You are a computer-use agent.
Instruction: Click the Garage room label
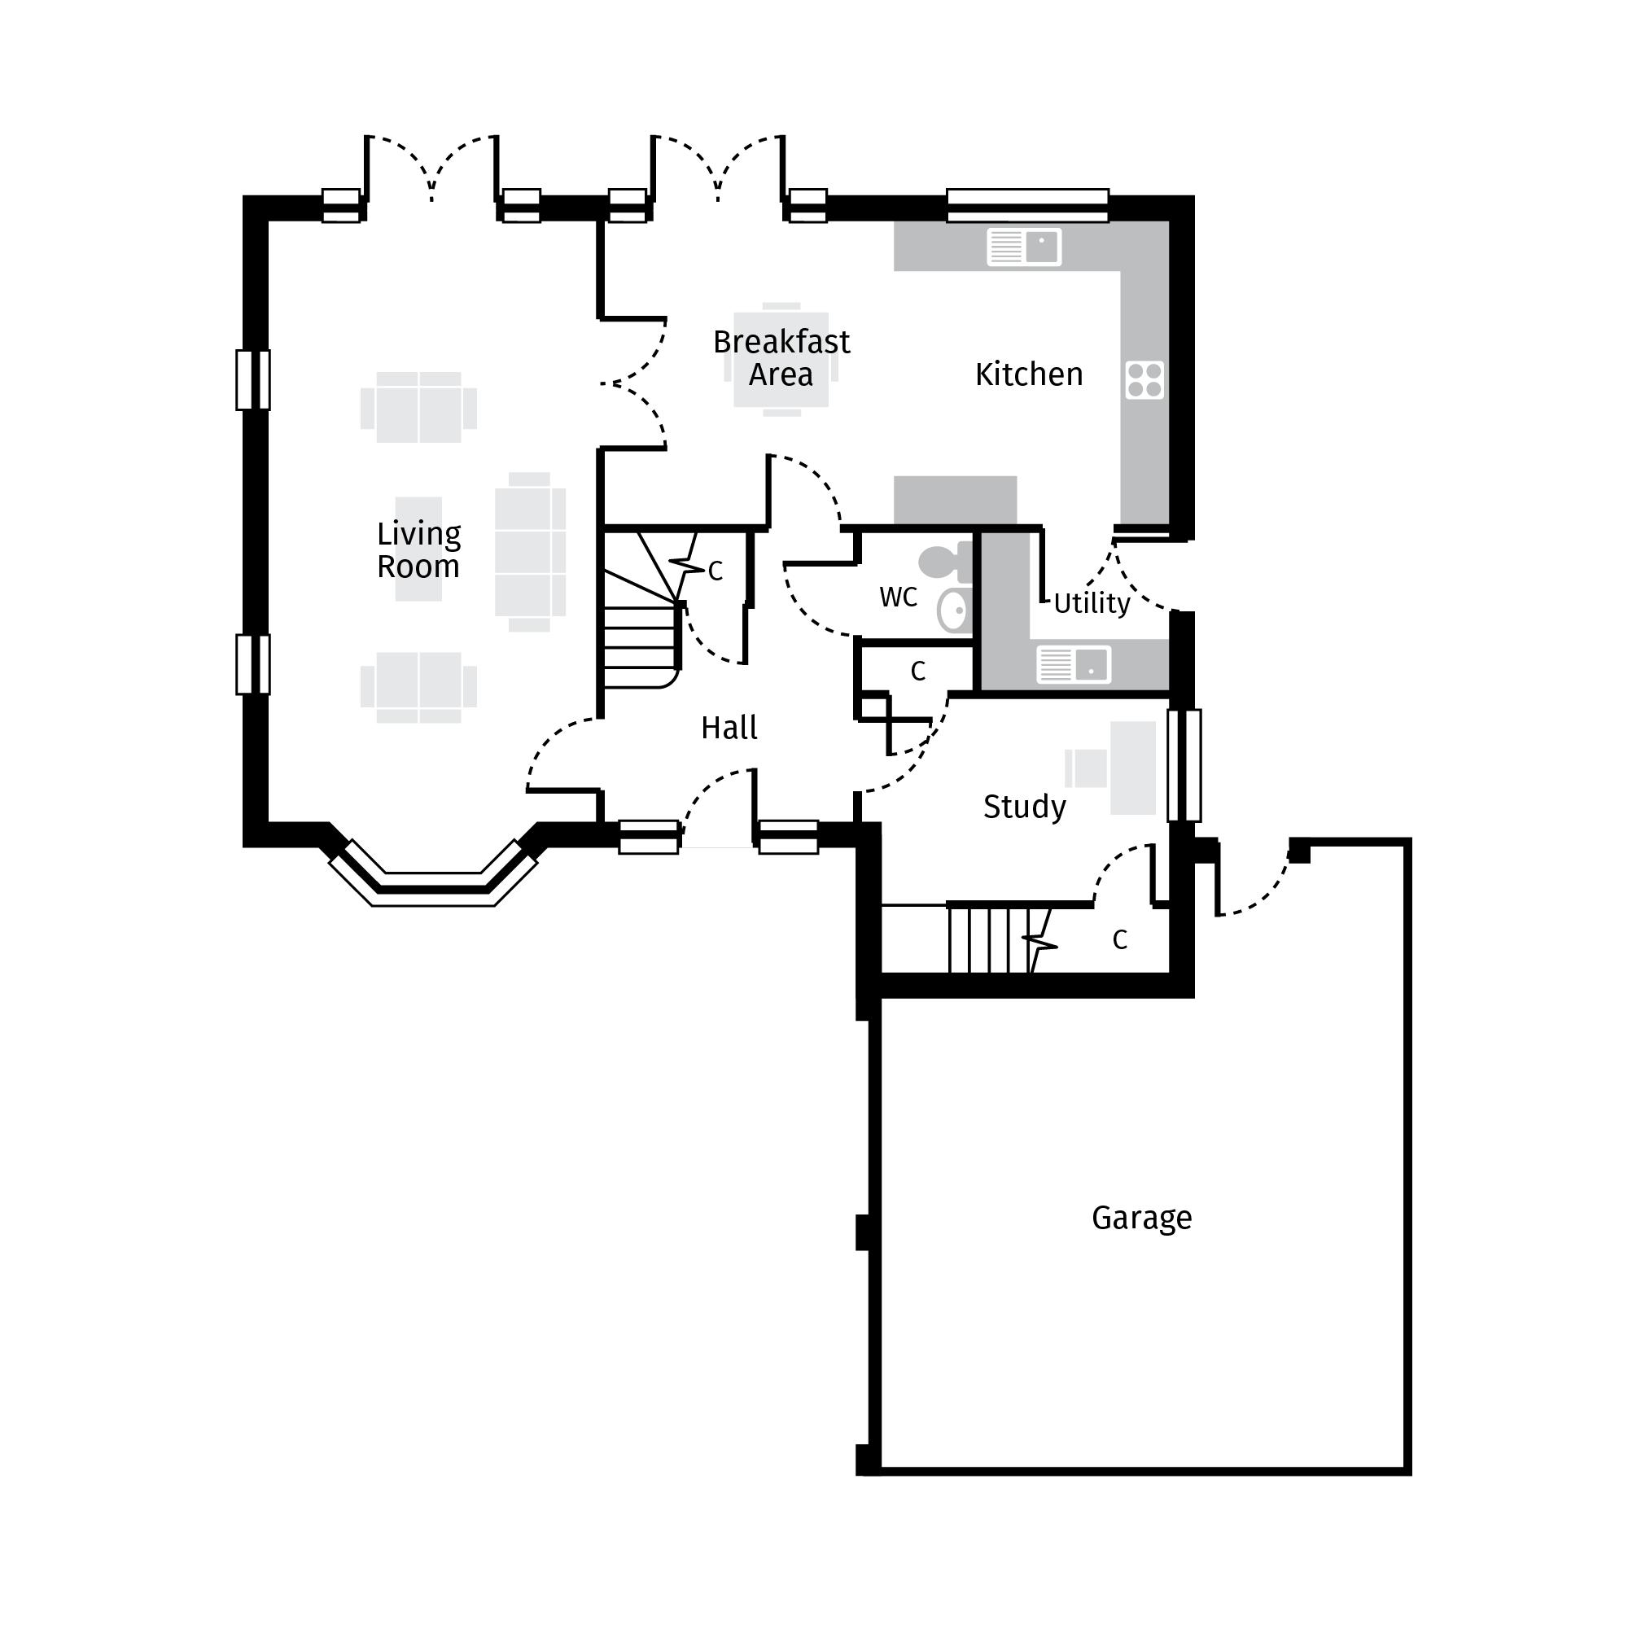(x=1141, y=1218)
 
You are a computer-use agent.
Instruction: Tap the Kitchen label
(x=1028, y=374)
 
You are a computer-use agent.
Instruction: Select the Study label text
(x=1024, y=807)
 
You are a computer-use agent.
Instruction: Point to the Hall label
(x=729, y=727)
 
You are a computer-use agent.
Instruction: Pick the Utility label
(x=1092, y=602)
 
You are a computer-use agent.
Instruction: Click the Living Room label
(x=418, y=549)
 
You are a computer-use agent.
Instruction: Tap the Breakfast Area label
(x=781, y=358)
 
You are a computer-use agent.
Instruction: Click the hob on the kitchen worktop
(x=1144, y=379)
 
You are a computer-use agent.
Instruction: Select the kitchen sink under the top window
(x=1024, y=247)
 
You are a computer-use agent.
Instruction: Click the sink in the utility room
(x=1074, y=664)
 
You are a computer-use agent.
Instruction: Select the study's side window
(x=1183, y=765)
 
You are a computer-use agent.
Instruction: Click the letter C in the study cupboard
(x=1119, y=939)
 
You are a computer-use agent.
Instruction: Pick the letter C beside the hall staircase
(x=716, y=571)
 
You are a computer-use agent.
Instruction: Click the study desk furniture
(x=1131, y=768)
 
